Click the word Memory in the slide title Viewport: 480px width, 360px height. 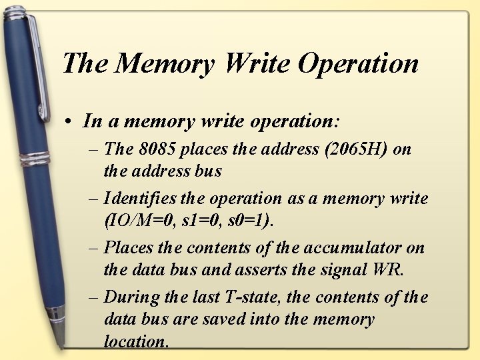165,63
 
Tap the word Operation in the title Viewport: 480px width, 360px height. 358,63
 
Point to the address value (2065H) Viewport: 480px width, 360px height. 354,149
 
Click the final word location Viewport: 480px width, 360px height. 135,341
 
